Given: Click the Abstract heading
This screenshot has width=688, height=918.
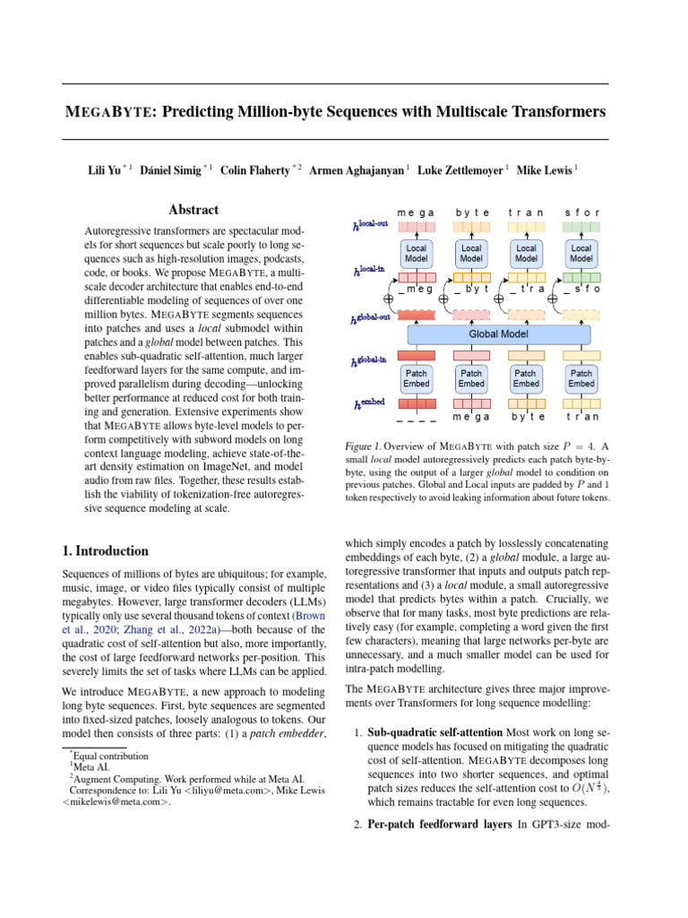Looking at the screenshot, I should coord(193,210).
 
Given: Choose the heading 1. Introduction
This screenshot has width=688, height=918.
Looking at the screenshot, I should coord(105,550).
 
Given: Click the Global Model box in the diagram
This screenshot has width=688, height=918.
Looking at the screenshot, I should coord(499,334).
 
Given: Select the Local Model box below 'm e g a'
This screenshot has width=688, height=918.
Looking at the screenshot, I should coord(416,254).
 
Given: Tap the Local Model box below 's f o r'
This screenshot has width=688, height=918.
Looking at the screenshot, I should coord(581,254).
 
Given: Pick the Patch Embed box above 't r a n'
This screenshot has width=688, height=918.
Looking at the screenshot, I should coord(581,378).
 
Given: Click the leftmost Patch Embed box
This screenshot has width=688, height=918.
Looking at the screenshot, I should coord(416,378).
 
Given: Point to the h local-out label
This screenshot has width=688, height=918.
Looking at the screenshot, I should coord(370,228).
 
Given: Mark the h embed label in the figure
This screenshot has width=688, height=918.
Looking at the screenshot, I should coord(370,405).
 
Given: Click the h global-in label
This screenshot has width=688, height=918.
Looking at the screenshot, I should coord(370,361).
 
